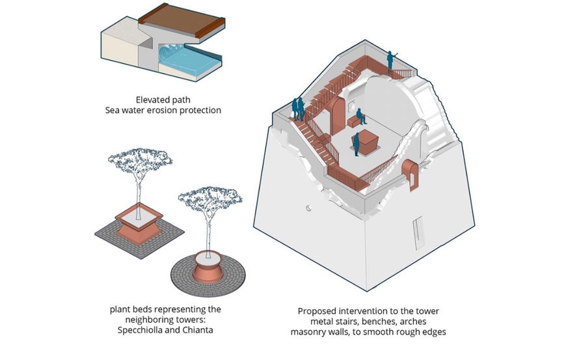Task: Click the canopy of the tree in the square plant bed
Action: point(139,159)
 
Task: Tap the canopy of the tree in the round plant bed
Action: point(210,197)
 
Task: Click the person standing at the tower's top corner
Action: point(390,60)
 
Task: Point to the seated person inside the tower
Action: point(360,117)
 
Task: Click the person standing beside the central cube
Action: point(357,143)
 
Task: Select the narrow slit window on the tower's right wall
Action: point(416,231)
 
